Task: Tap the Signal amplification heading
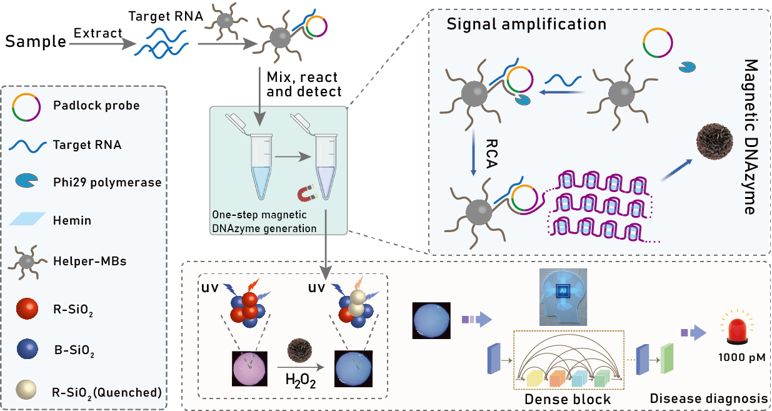[x=526, y=24]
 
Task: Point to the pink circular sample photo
[x=250, y=368]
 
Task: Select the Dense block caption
[x=568, y=398]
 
